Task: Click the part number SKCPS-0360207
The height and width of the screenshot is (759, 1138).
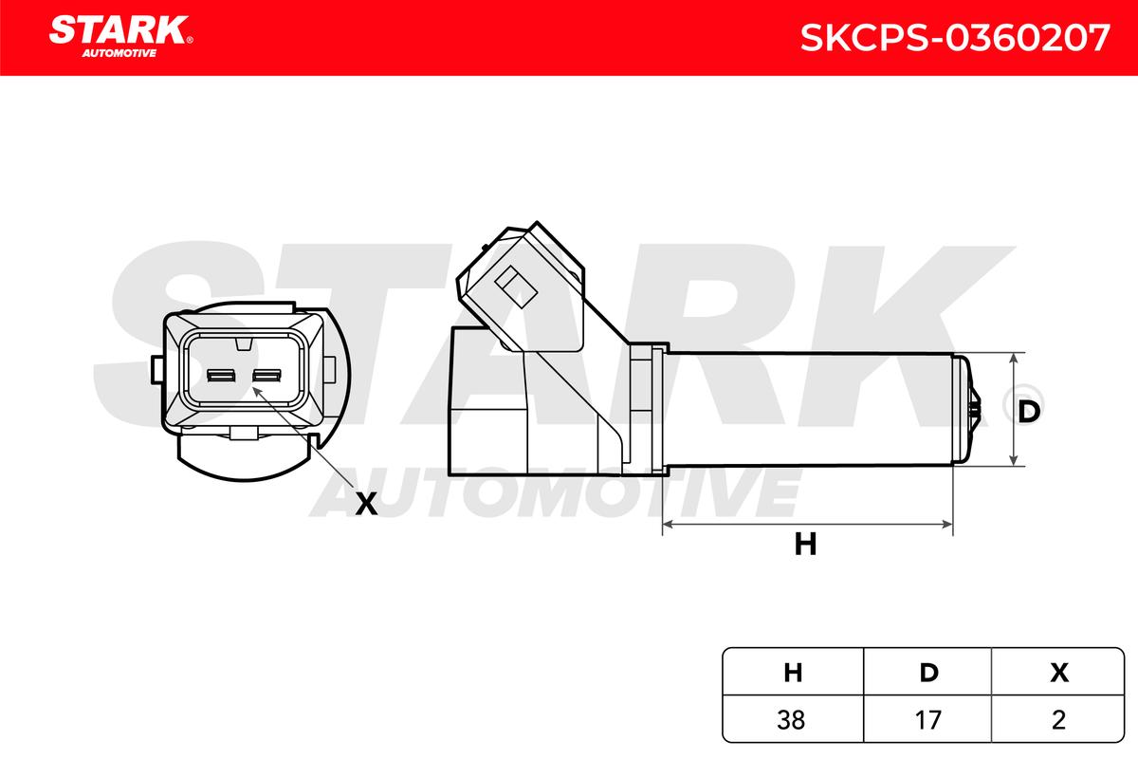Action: pos(955,38)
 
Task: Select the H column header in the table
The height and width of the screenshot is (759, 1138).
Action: pos(793,673)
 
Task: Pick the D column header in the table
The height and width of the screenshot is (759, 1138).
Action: pos(928,673)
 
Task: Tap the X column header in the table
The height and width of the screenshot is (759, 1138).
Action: pos(1059,673)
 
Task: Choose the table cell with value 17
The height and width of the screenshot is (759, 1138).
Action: pos(927,720)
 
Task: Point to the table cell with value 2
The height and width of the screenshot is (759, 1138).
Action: pos(1058,720)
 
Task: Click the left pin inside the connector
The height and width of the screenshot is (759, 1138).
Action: pos(221,376)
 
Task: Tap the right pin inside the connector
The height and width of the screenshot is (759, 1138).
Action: pos(267,376)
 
